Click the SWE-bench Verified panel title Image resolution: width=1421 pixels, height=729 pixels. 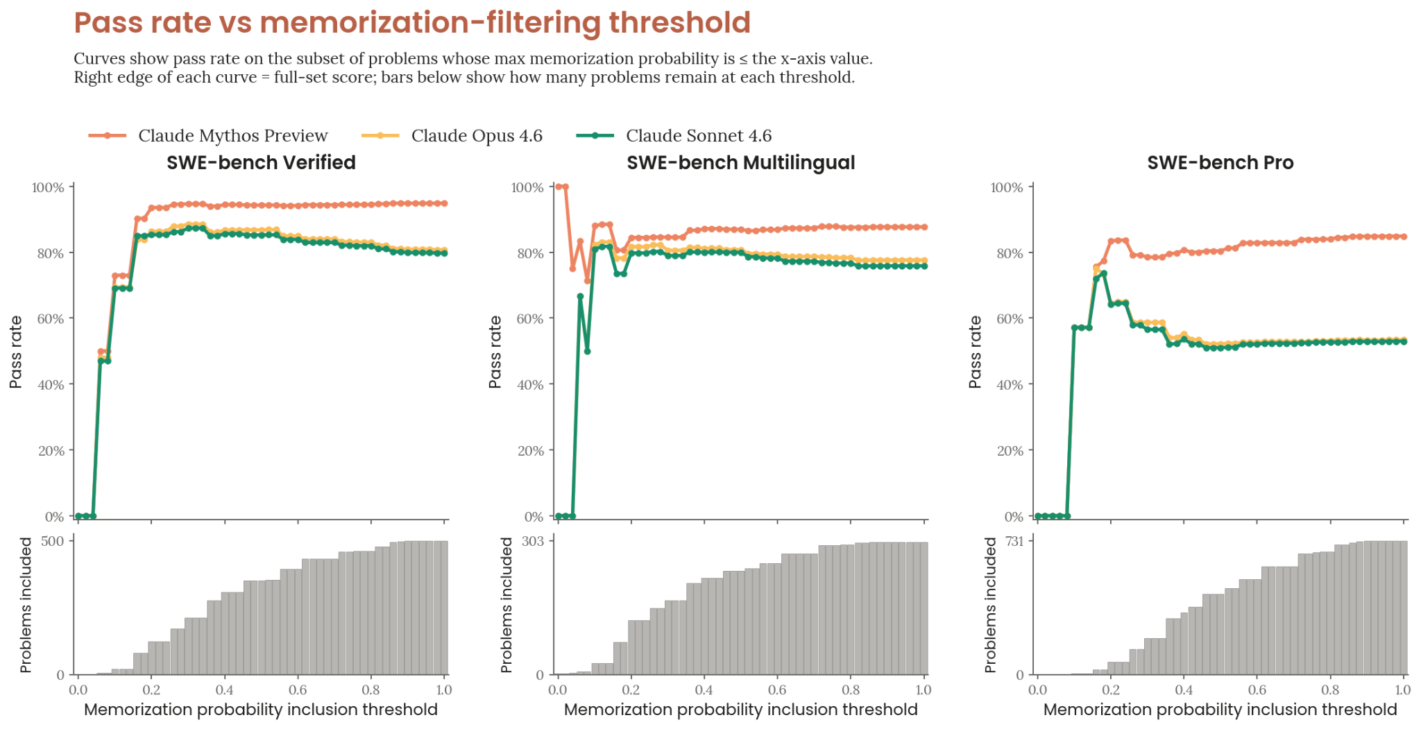[x=261, y=162]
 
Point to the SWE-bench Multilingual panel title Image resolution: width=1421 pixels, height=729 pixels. [x=740, y=162]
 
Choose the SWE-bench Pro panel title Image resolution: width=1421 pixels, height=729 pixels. [x=1220, y=162]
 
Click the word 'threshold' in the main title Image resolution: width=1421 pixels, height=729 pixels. [x=679, y=22]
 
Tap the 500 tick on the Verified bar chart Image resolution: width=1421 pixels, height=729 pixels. [x=52, y=541]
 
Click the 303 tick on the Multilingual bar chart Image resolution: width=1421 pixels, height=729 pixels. [x=532, y=541]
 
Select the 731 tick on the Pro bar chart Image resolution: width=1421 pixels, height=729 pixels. [x=1014, y=541]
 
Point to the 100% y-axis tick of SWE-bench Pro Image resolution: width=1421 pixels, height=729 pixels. [x=1006, y=188]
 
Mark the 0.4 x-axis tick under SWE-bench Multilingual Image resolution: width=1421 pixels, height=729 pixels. [x=704, y=689]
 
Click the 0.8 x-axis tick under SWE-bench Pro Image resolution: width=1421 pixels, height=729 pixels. [x=1329, y=689]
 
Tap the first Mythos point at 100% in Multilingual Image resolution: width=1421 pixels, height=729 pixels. [x=559, y=187]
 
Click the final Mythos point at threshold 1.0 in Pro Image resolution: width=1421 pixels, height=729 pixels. [x=1404, y=237]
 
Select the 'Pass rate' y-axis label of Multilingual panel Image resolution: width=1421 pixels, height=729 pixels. [x=495, y=352]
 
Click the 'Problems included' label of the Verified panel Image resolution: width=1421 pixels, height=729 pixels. [x=26, y=605]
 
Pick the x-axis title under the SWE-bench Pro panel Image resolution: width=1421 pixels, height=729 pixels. [x=1220, y=710]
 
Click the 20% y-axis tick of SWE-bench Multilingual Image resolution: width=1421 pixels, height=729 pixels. [x=530, y=451]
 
